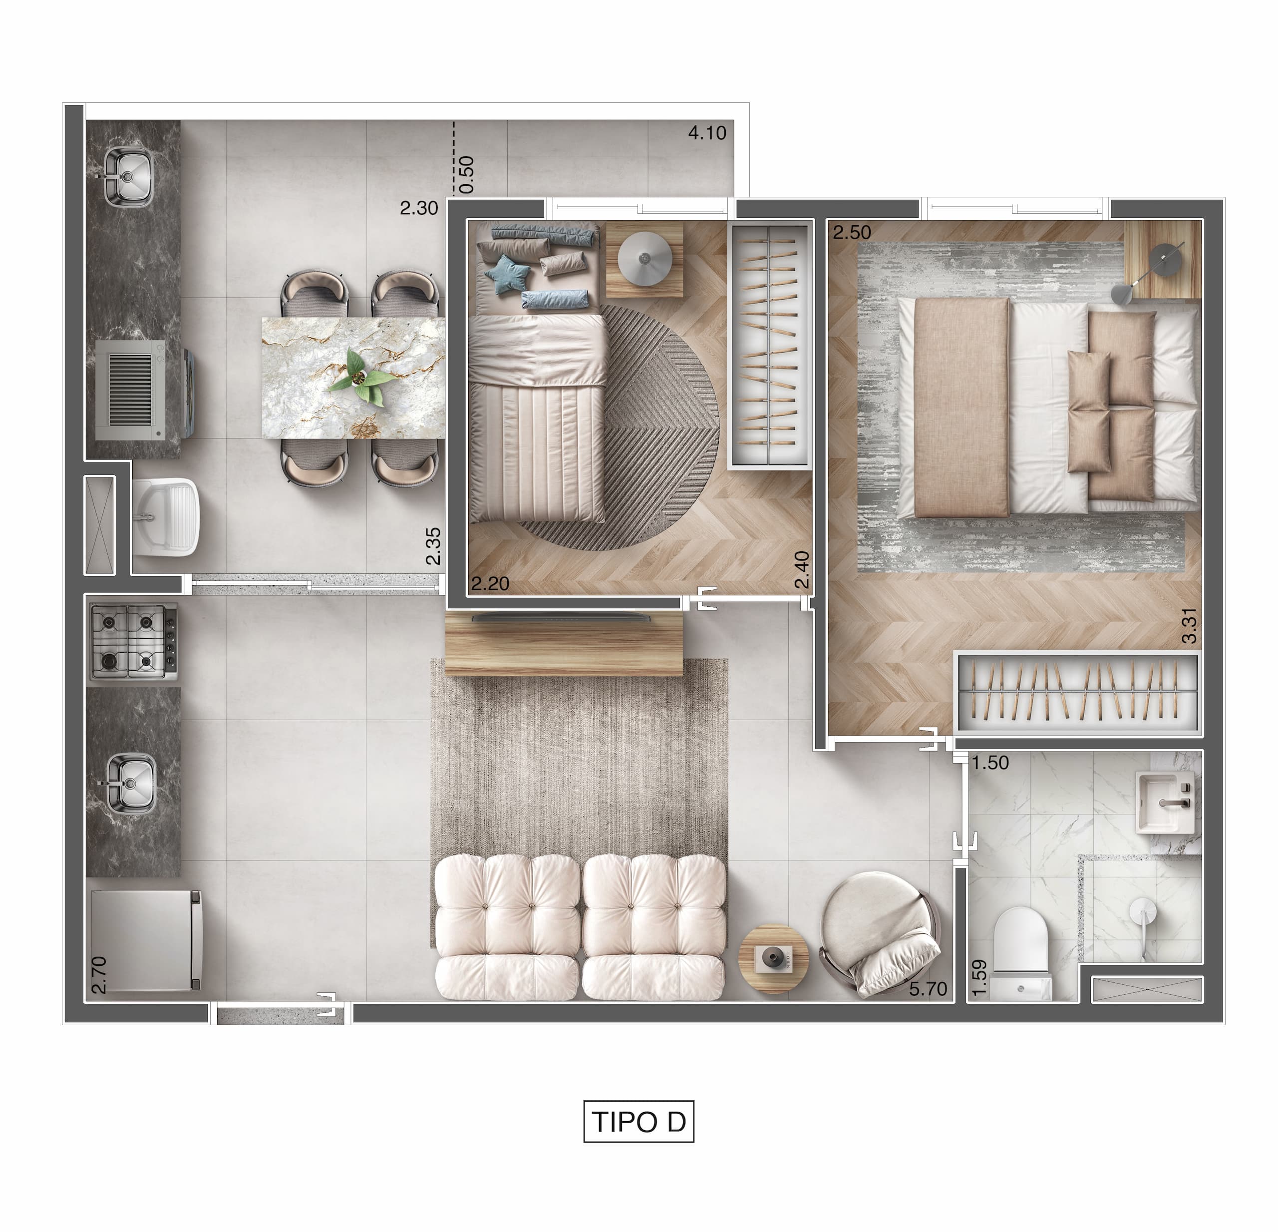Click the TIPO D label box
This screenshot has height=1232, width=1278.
639,1121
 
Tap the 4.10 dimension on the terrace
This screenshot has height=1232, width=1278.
707,133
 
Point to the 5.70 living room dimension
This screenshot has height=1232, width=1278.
928,989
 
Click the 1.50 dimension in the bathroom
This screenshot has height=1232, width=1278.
990,763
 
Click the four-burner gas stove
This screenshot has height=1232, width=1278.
133,642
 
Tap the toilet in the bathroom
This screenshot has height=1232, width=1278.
1020,953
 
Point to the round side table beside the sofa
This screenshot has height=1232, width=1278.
773,958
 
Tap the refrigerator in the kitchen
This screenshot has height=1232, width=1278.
146,940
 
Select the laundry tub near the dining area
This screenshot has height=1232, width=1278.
166,516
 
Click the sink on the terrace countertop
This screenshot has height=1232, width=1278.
128,176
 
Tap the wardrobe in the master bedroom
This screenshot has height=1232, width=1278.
1077,693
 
